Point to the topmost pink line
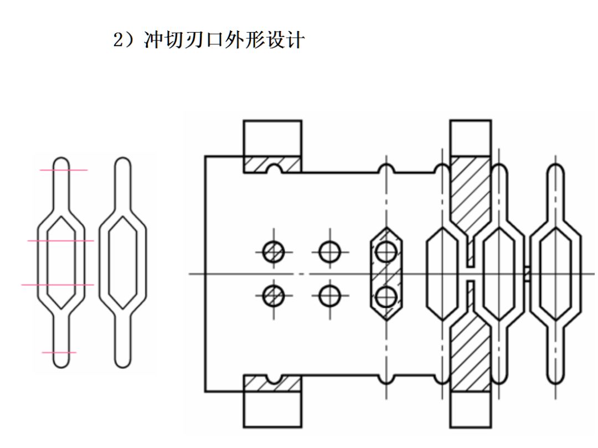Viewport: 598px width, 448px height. point(63,170)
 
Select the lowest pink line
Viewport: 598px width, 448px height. point(59,352)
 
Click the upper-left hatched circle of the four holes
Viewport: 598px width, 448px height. point(274,253)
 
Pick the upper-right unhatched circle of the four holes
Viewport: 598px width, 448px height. point(330,253)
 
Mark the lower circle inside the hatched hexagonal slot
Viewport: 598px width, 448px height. point(385,297)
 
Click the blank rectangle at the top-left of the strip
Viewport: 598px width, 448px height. point(272,138)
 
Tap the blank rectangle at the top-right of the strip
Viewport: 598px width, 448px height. point(470,138)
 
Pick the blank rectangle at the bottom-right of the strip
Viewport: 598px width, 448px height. point(470,409)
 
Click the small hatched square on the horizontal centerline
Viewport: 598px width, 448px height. point(527,274)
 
